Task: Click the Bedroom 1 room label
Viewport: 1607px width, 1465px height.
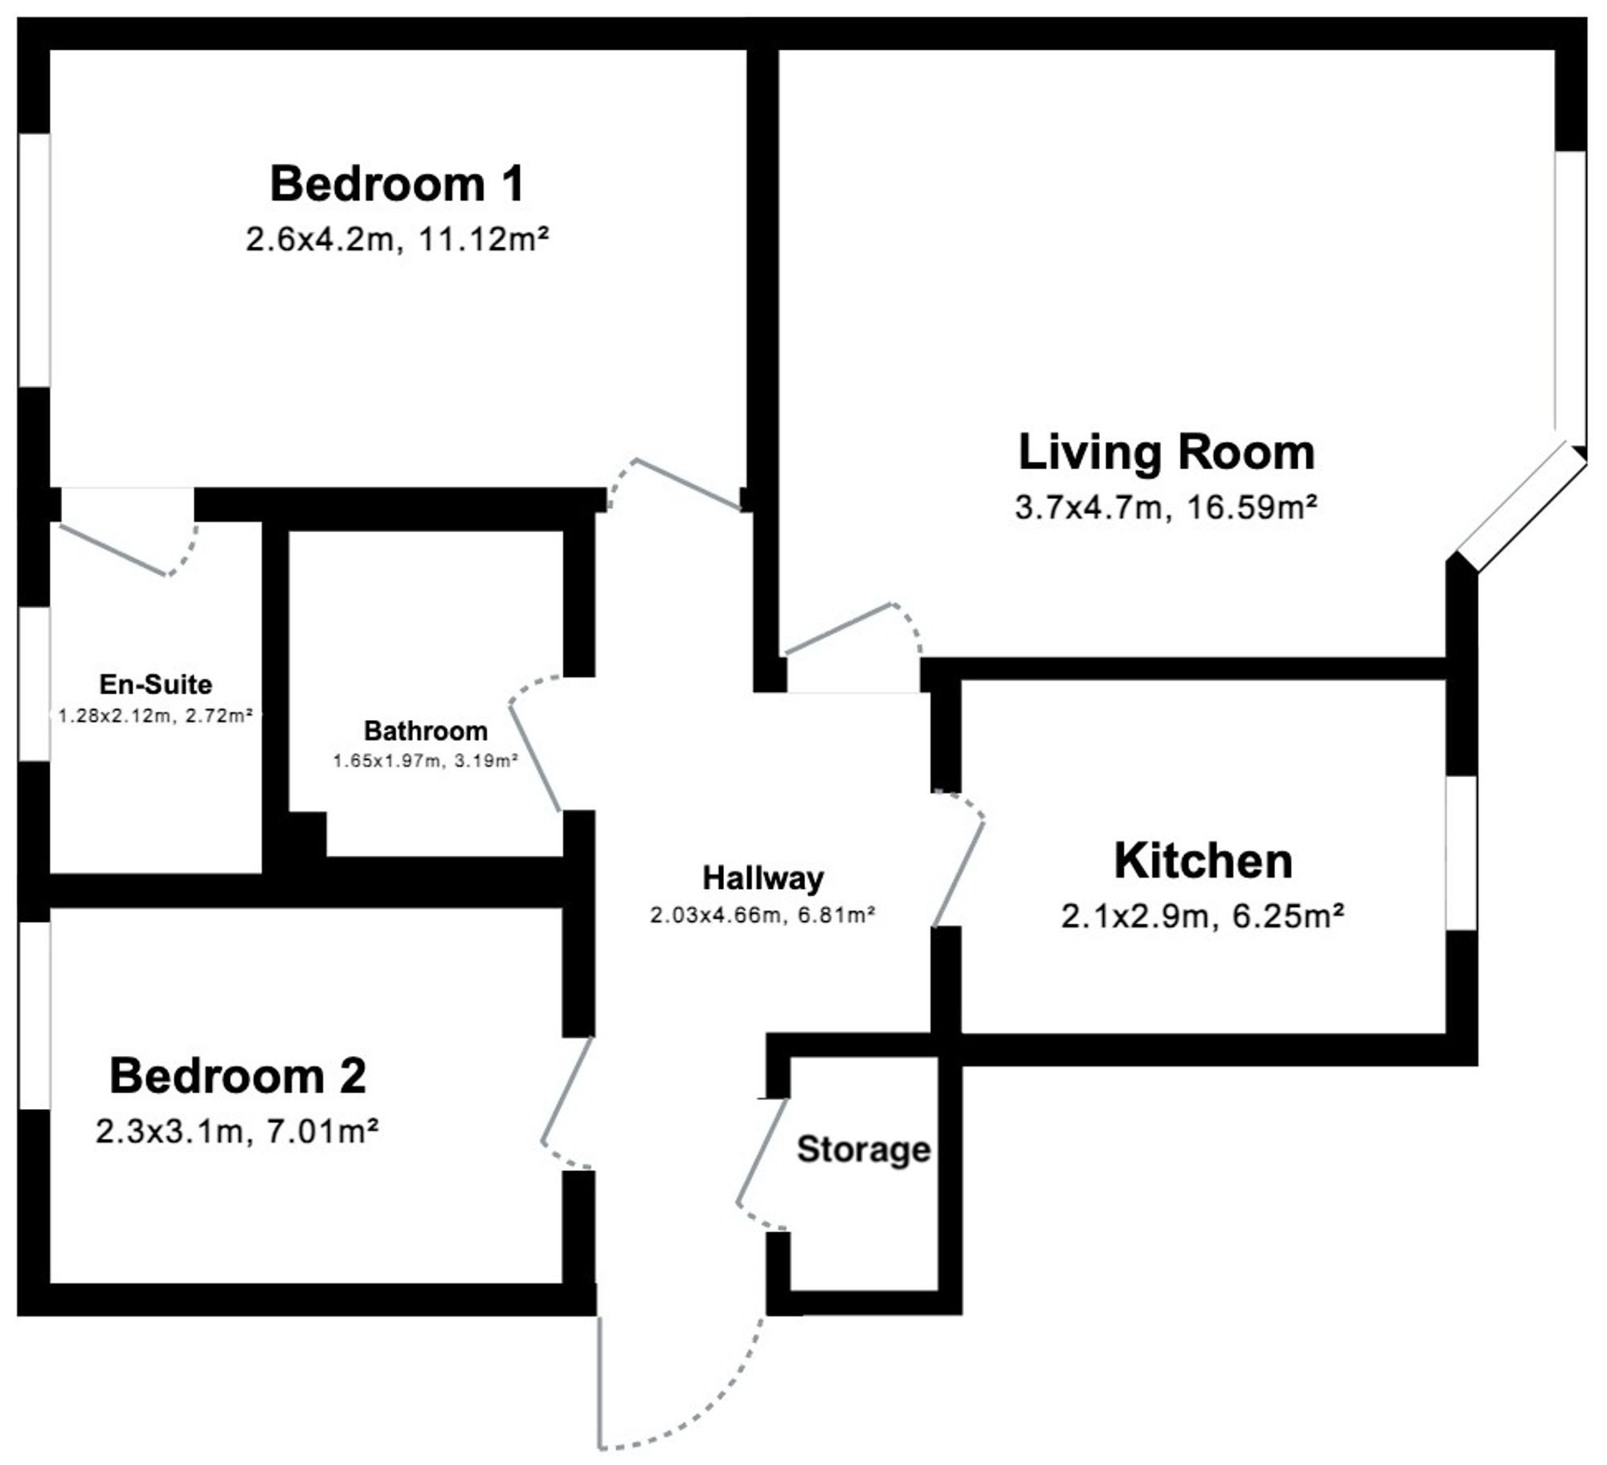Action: click(x=397, y=183)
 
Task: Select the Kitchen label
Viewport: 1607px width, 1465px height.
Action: click(x=1203, y=861)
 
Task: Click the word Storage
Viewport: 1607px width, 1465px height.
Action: click(x=864, y=1150)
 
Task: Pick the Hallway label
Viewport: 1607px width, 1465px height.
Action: click(x=763, y=878)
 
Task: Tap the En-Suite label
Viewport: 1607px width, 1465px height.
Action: click(x=156, y=684)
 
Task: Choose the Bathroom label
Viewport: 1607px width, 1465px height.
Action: click(x=426, y=730)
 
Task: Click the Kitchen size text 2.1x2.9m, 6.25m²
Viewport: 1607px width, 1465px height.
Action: click(x=1203, y=915)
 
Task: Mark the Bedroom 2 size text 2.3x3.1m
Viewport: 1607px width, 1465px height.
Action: click(x=169, y=1131)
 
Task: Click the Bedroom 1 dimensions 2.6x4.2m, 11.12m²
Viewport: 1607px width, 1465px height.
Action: click(x=397, y=239)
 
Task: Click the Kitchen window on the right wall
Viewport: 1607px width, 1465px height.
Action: click(x=1462, y=853)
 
